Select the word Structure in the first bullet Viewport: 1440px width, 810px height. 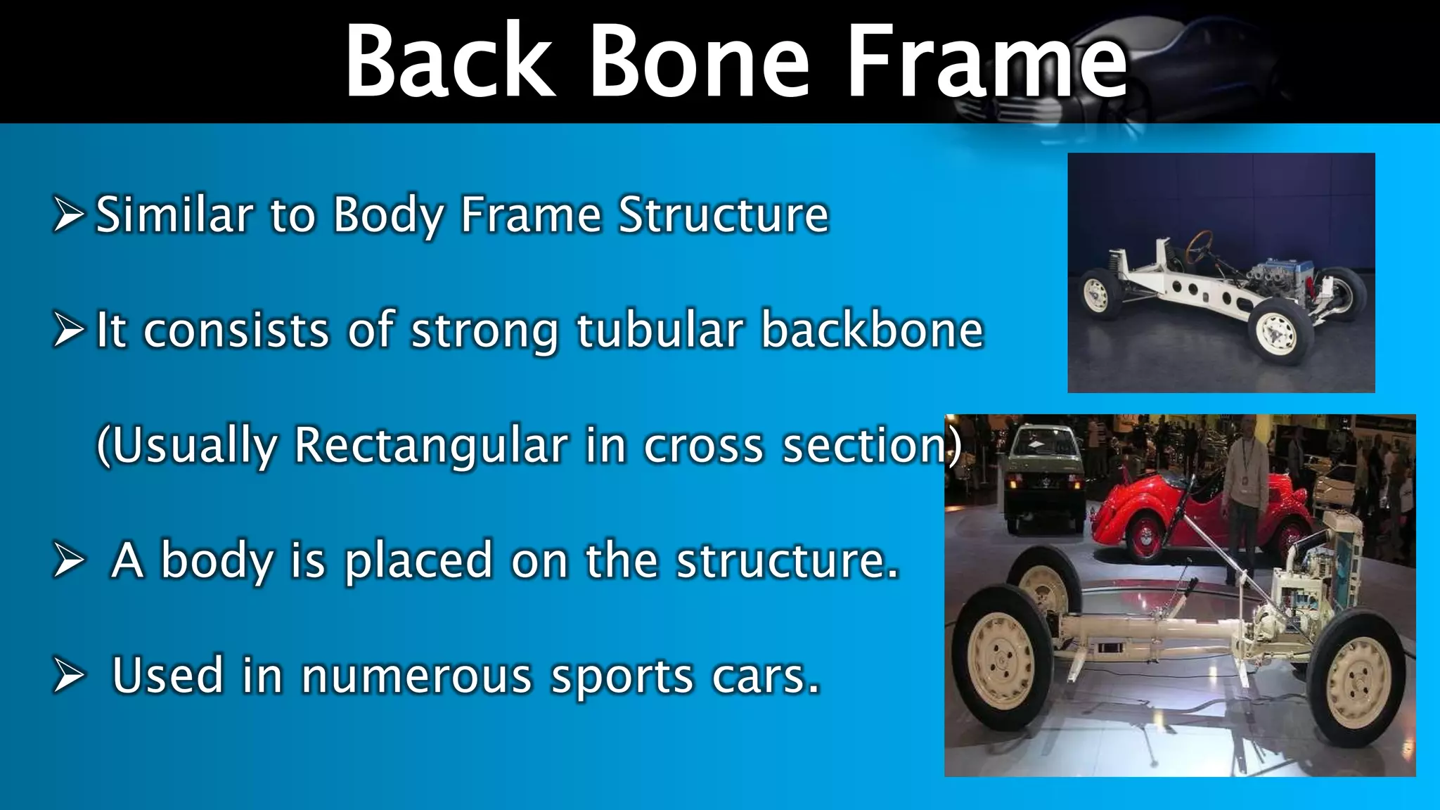[724, 214]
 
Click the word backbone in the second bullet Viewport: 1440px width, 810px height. [872, 330]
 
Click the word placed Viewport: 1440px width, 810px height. [418, 560]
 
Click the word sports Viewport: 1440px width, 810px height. [622, 676]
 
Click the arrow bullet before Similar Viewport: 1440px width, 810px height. [68, 216]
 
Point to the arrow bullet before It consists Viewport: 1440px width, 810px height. [68, 331]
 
